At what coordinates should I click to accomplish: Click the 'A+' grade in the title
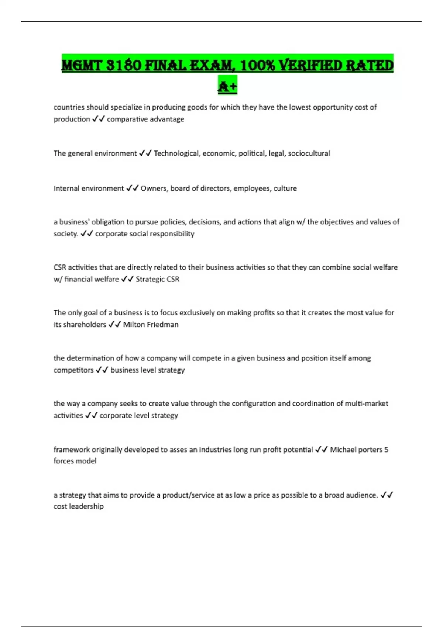pos(227,86)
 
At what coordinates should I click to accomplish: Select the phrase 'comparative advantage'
pos(145,119)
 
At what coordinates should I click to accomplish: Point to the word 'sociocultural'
pos(309,153)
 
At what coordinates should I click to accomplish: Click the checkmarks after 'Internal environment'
pos(132,188)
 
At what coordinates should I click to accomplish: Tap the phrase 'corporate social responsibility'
pos(145,234)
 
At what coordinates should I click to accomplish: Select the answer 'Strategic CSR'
pos(158,279)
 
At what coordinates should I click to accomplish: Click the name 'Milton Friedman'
pos(151,325)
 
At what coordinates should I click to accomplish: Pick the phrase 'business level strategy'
pos(148,370)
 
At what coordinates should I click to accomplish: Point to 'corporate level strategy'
pos(139,415)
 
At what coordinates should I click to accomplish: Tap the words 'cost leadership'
pos(79,506)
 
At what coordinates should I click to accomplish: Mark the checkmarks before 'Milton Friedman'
pos(114,325)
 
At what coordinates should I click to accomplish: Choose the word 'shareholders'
pos(85,325)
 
